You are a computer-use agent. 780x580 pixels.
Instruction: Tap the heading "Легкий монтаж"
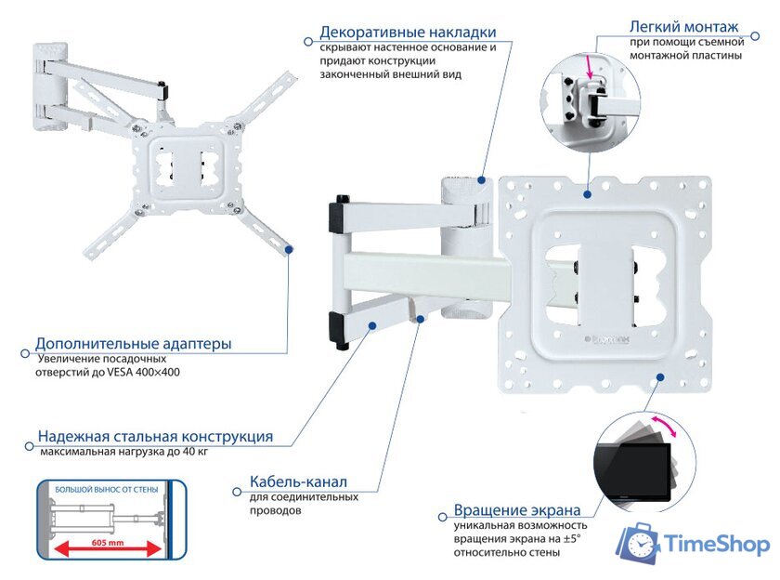pos(683,26)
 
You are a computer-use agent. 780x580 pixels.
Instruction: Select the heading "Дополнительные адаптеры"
pos(134,344)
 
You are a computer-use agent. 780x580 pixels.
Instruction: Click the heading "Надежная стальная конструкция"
pos(155,437)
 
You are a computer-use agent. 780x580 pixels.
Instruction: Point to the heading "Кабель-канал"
pos(298,482)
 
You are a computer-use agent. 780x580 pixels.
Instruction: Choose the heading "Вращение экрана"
pos(517,510)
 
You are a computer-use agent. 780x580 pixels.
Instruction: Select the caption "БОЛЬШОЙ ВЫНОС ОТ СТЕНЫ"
pos(106,489)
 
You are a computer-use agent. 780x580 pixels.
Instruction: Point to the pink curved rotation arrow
pos(665,430)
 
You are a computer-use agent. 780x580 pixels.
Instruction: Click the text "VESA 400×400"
pos(147,372)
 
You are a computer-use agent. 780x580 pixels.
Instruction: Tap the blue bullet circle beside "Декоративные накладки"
pos(308,40)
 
